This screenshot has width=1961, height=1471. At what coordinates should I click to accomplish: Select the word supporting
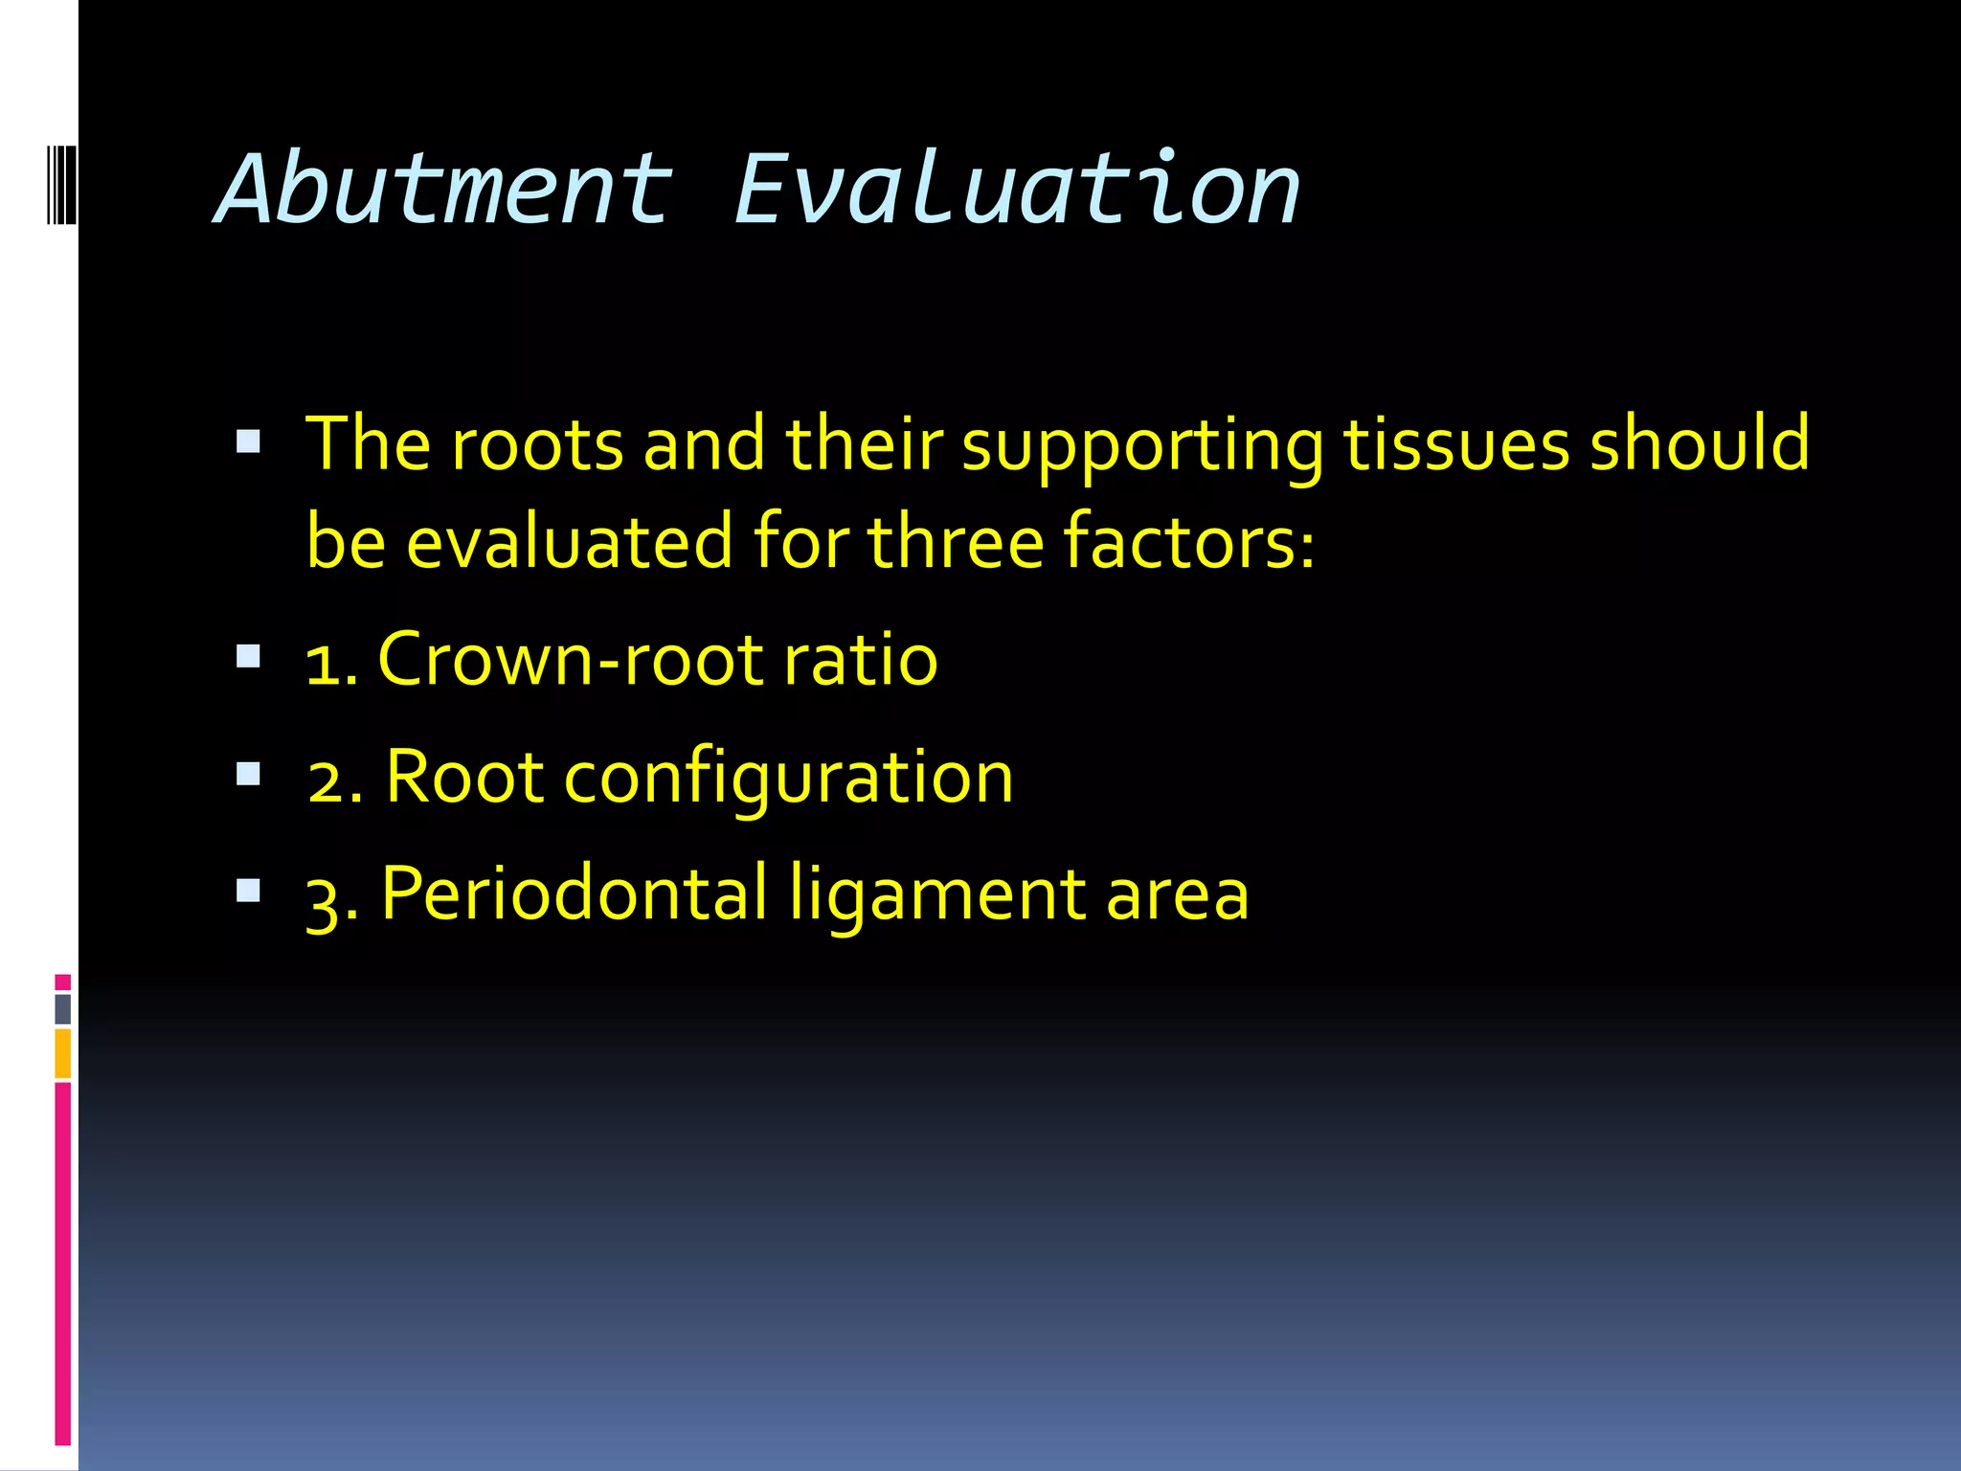pyautogui.click(x=1142, y=446)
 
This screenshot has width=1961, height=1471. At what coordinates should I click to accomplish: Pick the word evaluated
pyautogui.click(x=570, y=542)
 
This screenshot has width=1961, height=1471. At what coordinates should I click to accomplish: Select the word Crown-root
pyautogui.click(x=571, y=660)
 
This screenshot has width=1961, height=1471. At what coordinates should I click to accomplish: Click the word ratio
pyautogui.click(x=860, y=660)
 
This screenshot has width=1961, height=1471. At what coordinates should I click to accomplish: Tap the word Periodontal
pyautogui.click(x=575, y=894)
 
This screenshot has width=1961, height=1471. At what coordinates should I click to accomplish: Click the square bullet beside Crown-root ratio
pyautogui.click(x=248, y=656)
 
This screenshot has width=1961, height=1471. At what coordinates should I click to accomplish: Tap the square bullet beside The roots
pyautogui.click(x=248, y=441)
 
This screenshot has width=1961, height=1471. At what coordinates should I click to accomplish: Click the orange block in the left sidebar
pyautogui.click(x=62, y=1053)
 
